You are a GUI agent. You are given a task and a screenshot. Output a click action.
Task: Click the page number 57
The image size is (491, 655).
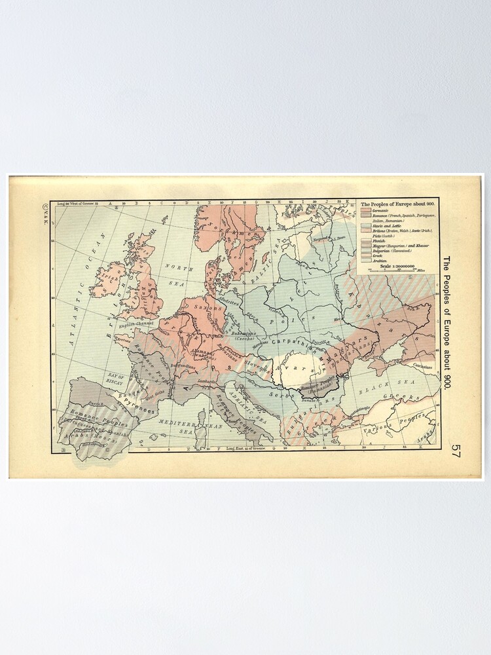point(456,452)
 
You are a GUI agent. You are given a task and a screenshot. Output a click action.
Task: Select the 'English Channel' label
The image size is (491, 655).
point(134,322)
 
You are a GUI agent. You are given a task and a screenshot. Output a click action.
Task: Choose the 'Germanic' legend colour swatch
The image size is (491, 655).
point(366,210)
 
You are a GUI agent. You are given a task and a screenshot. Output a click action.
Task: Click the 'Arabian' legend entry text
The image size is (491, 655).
point(380,261)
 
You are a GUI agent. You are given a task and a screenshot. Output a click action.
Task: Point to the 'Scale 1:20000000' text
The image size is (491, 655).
point(393,265)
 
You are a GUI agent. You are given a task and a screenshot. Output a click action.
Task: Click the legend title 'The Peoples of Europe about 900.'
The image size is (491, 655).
point(397,204)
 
